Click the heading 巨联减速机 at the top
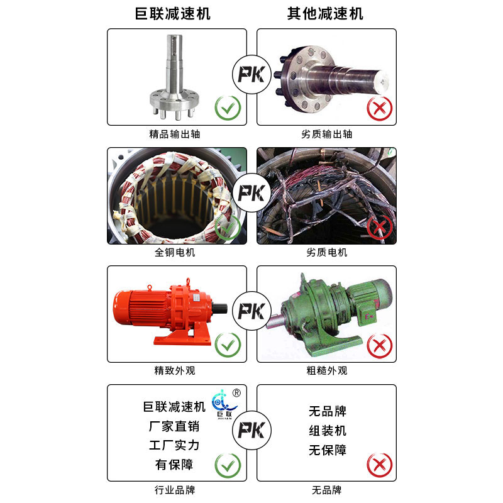172,13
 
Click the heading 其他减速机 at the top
325,13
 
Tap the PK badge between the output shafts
252,74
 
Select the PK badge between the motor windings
252,193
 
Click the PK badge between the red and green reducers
252,311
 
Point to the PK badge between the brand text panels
252,430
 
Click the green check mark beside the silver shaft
228,108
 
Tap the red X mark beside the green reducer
380,346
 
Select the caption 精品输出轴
175,134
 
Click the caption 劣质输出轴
326,134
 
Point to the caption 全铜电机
175,253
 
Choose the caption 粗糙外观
326,371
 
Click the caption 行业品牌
175,490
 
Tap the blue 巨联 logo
224,404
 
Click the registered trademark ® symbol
236,393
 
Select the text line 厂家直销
174,426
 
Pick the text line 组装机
328,431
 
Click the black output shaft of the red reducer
219,309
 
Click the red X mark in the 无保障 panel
380,465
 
